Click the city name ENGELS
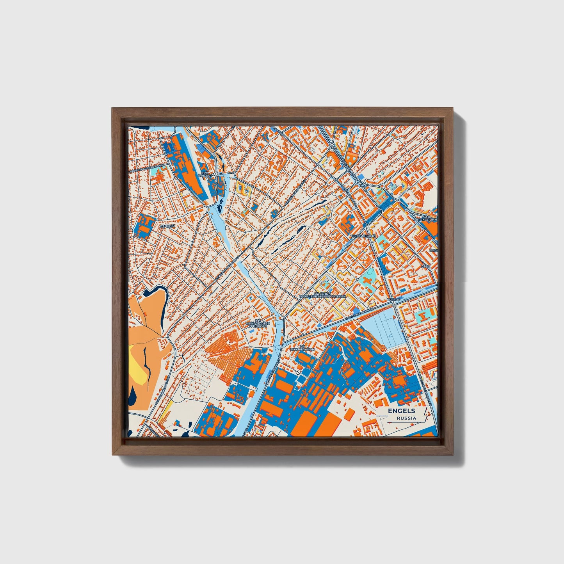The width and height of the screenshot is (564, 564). tap(401, 411)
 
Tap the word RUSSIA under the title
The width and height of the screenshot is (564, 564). tap(406, 418)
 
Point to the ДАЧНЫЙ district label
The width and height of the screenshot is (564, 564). tap(167, 226)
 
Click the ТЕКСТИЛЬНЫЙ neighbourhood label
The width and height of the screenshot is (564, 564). tap(363, 236)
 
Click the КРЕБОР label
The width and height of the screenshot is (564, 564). tap(394, 299)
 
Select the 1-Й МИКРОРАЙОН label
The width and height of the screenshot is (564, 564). tap(302, 348)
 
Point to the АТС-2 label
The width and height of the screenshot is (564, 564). tap(425, 267)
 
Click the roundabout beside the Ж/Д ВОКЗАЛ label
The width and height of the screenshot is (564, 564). tap(216, 174)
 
